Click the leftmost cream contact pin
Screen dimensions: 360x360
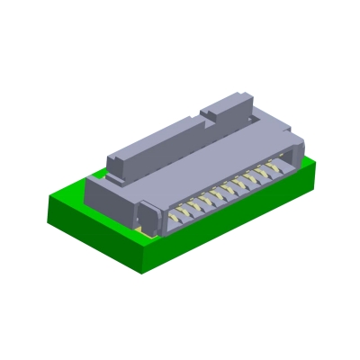point(168,219)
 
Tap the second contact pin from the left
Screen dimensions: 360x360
point(181,212)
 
